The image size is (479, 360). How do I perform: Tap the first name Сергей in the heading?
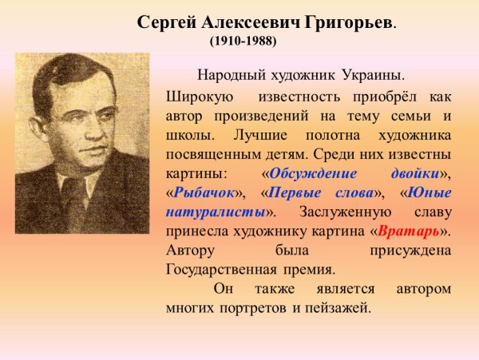[x=164, y=22]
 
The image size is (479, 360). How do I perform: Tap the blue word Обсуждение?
[x=307, y=173]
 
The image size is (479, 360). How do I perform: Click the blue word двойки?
[x=416, y=173]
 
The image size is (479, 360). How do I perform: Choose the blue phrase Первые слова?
[x=311, y=192]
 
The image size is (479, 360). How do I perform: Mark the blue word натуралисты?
[x=215, y=212]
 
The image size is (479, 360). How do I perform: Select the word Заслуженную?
[x=346, y=212]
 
